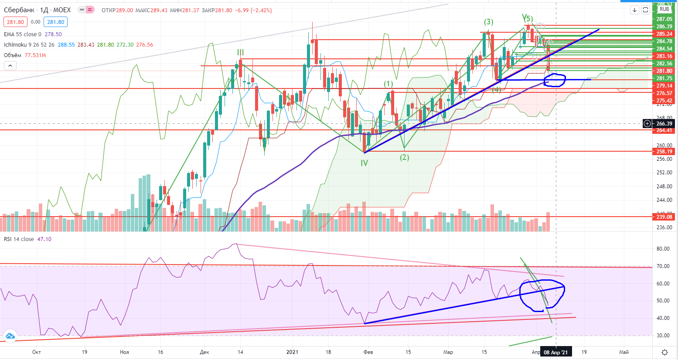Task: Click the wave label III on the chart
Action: tap(240, 53)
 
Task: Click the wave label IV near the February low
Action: tap(364, 163)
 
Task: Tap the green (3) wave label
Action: tap(488, 22)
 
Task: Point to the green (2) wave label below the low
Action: tap(405, 157)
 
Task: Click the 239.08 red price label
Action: tap(664, 217)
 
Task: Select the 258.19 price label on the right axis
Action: tap(664, 152)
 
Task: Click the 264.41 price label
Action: tap(664, 130)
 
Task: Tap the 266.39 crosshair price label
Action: tap(664, 124)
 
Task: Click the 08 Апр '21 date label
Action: tap(555, 352)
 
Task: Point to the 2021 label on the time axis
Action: tap(292, 352)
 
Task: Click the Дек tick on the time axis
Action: tap(204, 352)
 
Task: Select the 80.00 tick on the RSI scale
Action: tap(663, 249)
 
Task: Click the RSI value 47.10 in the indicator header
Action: tap(44, 239)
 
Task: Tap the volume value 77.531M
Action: tap(35, 55)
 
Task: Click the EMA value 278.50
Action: tap(53, 34)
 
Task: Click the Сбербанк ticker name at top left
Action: tap(19, 10)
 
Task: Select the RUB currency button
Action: tap(664, 9)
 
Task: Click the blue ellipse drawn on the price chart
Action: tap(555, 80)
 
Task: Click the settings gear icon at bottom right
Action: tap(664, 352)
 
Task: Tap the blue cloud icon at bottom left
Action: tap(10, 336)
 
